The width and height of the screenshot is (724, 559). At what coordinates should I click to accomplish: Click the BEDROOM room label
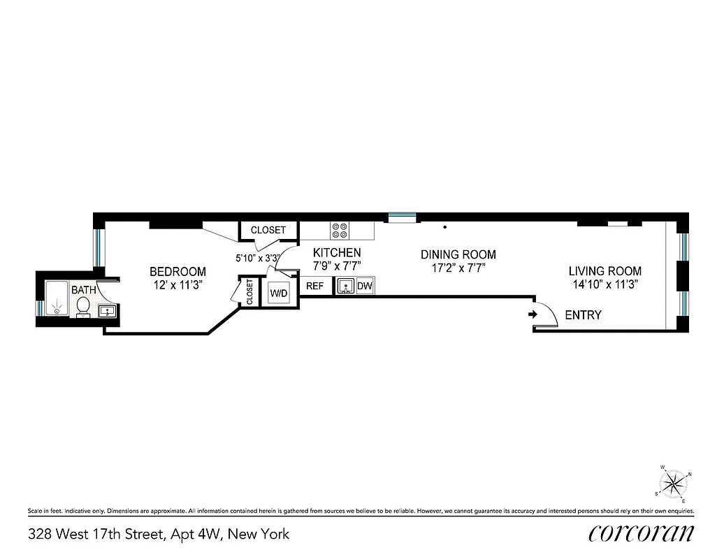tap(178, 272)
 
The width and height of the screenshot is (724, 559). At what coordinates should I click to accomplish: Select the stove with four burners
tap(341, 231)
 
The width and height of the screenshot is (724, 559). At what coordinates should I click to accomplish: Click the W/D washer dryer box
tap(279, 293)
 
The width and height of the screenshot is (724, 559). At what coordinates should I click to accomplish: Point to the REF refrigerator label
tap(314, 286)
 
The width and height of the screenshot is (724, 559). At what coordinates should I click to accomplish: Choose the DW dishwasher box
tap(365, 286)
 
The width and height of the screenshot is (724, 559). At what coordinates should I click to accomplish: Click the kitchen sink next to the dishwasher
tap(345, 286)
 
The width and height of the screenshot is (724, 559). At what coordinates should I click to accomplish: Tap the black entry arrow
tap(533, 315)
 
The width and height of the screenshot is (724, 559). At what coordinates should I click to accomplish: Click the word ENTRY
tap(583, 315)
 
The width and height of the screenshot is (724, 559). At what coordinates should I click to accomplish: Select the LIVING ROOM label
tap(604, 271)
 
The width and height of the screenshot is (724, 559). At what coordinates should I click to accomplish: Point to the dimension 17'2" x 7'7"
tap(458, 268)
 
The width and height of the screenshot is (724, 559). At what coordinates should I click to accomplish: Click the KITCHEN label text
tap(337, 253)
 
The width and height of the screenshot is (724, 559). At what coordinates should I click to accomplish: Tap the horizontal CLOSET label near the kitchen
tap(268, 230)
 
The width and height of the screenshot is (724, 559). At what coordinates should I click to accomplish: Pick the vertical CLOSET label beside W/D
tap(249, 291)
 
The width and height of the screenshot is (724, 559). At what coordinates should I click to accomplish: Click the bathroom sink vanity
tap(107, 311)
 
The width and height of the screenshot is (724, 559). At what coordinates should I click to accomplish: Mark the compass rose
tap(674, 483)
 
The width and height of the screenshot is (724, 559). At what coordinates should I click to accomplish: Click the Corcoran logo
tap(642, 534)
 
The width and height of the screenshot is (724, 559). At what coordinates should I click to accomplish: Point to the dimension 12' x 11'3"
tap(179, 285)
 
